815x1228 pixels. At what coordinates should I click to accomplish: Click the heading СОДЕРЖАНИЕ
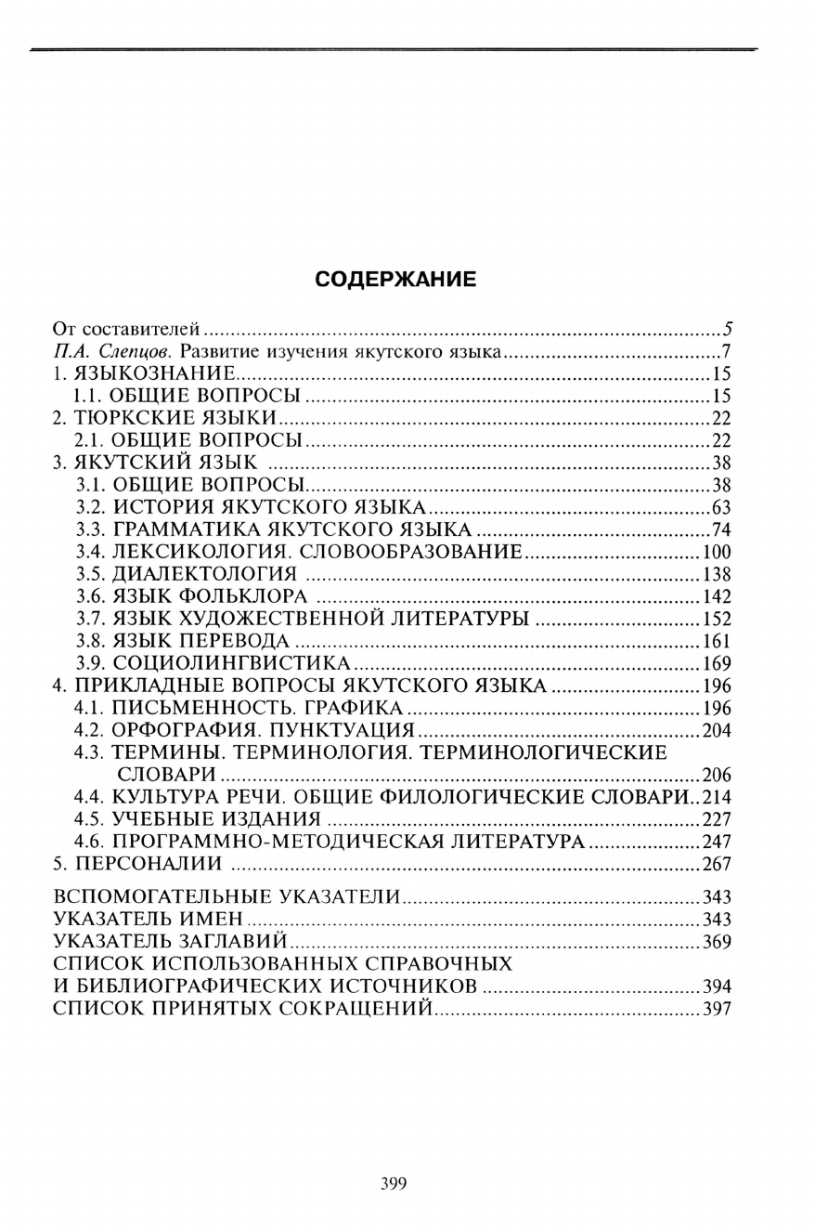pyautogui.click(x=395, y=279)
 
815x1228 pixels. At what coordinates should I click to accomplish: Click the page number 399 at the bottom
pyautogui.click(x=394, y=1183)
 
